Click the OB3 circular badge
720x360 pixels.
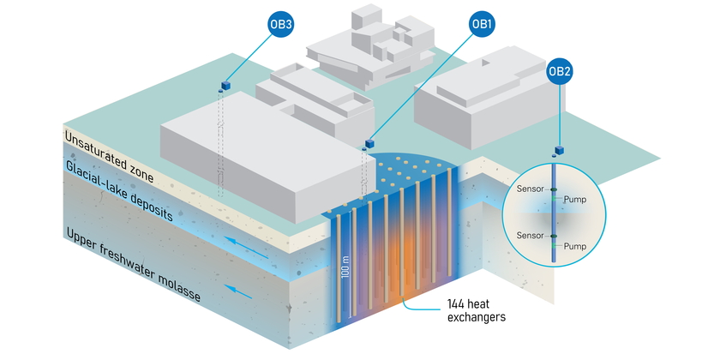pyautogui.click(x=280, y=25)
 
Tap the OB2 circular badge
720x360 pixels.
pyautogui.click(x=560, y=71)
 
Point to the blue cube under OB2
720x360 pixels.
pyautogui.click(x=558, y=150)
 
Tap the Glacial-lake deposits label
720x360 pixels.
pyautogui.click(x=120, y=192)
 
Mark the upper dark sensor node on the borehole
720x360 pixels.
pyautogui.click(x=554, y=189)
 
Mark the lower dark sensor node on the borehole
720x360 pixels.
pyautogui.click(x=554, y=236)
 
